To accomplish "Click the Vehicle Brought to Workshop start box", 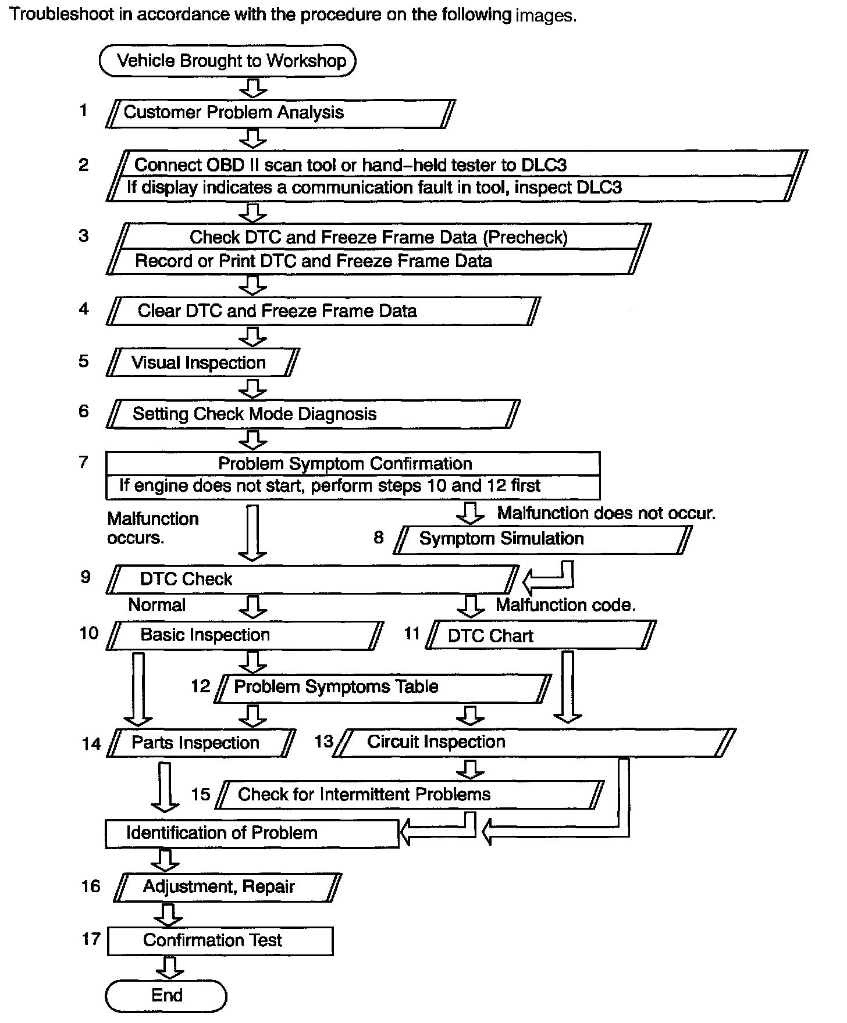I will (227, 61).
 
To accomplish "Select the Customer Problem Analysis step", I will (280, 113).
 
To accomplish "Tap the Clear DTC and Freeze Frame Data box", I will (323, 311).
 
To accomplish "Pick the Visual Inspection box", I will (203, 363).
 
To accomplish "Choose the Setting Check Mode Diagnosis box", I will (312, 414).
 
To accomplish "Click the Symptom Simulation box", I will (543, 539).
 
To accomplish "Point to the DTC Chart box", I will (541, 635).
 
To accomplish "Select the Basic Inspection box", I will (245, 635).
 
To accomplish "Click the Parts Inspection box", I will (201, 743).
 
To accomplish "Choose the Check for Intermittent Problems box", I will (410, 795).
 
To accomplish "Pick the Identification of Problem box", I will (252, 834).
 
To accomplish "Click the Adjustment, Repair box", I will (227, 887).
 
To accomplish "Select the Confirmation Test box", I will (220, 940).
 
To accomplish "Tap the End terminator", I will (166, 996).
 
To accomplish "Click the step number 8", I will (379, 538).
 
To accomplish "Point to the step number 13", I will (324, 741).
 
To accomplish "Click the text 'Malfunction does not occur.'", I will (606, 513).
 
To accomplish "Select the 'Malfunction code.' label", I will (565, 605).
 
